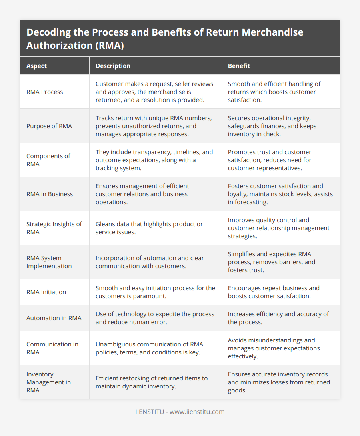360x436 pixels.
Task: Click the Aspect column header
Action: [x=36, y=66]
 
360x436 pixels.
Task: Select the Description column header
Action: [x=113, y=66]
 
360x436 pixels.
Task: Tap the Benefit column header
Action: [x=239, y=66]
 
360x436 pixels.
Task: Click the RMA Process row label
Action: [x=44, y=92]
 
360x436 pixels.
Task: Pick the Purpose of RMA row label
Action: [x=49, y=126]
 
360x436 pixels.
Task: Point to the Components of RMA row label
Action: [x=49, y=160]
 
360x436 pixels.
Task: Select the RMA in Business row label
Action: [x=50, y=194]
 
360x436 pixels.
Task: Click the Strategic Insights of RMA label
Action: [x=54, y=228]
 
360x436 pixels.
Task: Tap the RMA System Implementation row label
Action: [x=49, y=262]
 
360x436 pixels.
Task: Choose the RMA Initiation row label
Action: [x=46, y=292]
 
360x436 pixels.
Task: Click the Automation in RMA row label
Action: [x=54, y=318]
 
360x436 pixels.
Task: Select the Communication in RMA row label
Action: [x=52, y=348]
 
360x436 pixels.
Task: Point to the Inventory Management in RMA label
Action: [x=48, y=382]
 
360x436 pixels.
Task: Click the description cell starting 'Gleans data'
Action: [x=149, y=228]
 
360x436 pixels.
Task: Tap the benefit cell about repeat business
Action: [x=274, y=292]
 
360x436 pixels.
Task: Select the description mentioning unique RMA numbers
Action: [x=154, y=126]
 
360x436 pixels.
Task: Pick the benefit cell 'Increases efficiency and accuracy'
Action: [x=278, y=318]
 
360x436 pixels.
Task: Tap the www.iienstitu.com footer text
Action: [x=197, y=412]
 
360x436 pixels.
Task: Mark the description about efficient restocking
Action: [x=151, y=382]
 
